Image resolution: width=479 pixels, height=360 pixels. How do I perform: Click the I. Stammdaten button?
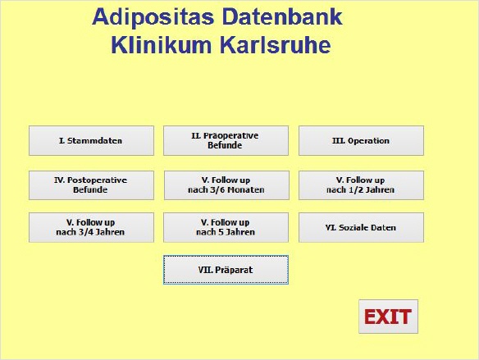[x=91, y=141]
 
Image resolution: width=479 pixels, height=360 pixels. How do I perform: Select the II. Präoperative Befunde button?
[x=226, y=141]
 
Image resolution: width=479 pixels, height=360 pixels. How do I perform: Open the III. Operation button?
[x=361, y=141]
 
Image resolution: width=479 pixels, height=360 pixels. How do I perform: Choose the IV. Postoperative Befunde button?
[x=91, y=185]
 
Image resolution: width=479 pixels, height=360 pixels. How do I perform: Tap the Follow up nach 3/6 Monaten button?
[x=226, y=185]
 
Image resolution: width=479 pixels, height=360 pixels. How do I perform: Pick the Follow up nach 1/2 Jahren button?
[x=361, y=185]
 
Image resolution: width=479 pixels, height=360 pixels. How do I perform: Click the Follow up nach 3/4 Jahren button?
[x=91, y=227]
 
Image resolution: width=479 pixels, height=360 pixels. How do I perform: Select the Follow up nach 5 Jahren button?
[x=226, y=227]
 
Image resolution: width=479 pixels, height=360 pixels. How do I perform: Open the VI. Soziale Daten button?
[x=361, y=227]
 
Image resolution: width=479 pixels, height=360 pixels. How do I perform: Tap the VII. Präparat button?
[x=226, y=270]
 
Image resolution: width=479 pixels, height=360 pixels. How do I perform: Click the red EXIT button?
[x=388, y=317]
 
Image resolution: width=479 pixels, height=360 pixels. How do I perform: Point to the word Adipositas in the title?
[x=153, y=17]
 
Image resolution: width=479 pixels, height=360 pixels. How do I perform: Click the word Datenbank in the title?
[x=282, y=16]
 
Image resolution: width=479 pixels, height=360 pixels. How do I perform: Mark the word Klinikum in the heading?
[x=162, y=45]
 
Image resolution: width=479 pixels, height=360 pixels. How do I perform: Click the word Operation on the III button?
[x=368, y=141]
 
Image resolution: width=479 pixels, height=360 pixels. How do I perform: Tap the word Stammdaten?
[x=94, y=141]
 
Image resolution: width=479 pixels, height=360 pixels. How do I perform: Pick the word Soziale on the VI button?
[x=352, y=228]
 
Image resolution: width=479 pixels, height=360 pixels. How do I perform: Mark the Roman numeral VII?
[x=206, y=270]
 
